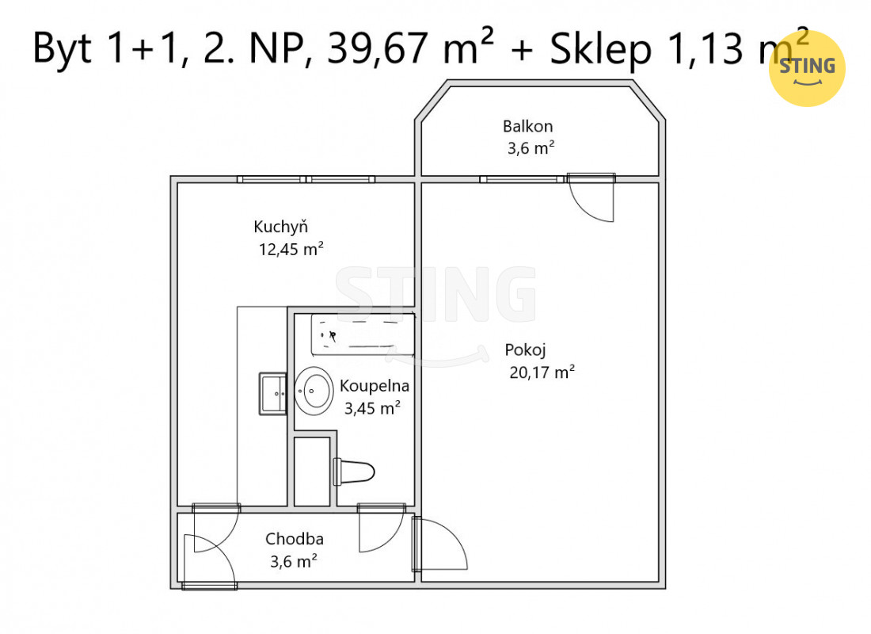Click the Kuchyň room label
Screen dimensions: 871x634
(x=280, y=227)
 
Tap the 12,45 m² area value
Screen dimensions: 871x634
(x=291, y=249)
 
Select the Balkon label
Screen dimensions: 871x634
(x=527, y=126)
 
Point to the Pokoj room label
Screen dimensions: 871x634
(x=526, y=350)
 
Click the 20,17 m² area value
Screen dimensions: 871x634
(x=542, y=372)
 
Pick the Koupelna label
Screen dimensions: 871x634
(x=375, y=386)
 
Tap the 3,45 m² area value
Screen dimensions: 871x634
(x=372, y=408)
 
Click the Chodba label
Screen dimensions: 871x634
(x=295, y=539)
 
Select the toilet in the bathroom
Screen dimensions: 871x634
(x=353, y=472)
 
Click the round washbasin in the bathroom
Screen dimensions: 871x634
(x=314, y=391)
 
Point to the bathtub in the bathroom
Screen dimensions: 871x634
(x=363, y=334)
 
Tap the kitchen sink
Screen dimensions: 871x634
(x=272, y=394)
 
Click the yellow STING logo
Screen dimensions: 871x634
(x=807, y=68)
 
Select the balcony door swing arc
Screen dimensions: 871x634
(x=584, y=211)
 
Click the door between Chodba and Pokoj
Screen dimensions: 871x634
(x=439, y=544)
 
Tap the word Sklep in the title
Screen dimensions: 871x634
(x=600, y=48)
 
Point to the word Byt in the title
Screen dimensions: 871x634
(x=63, y=48)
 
